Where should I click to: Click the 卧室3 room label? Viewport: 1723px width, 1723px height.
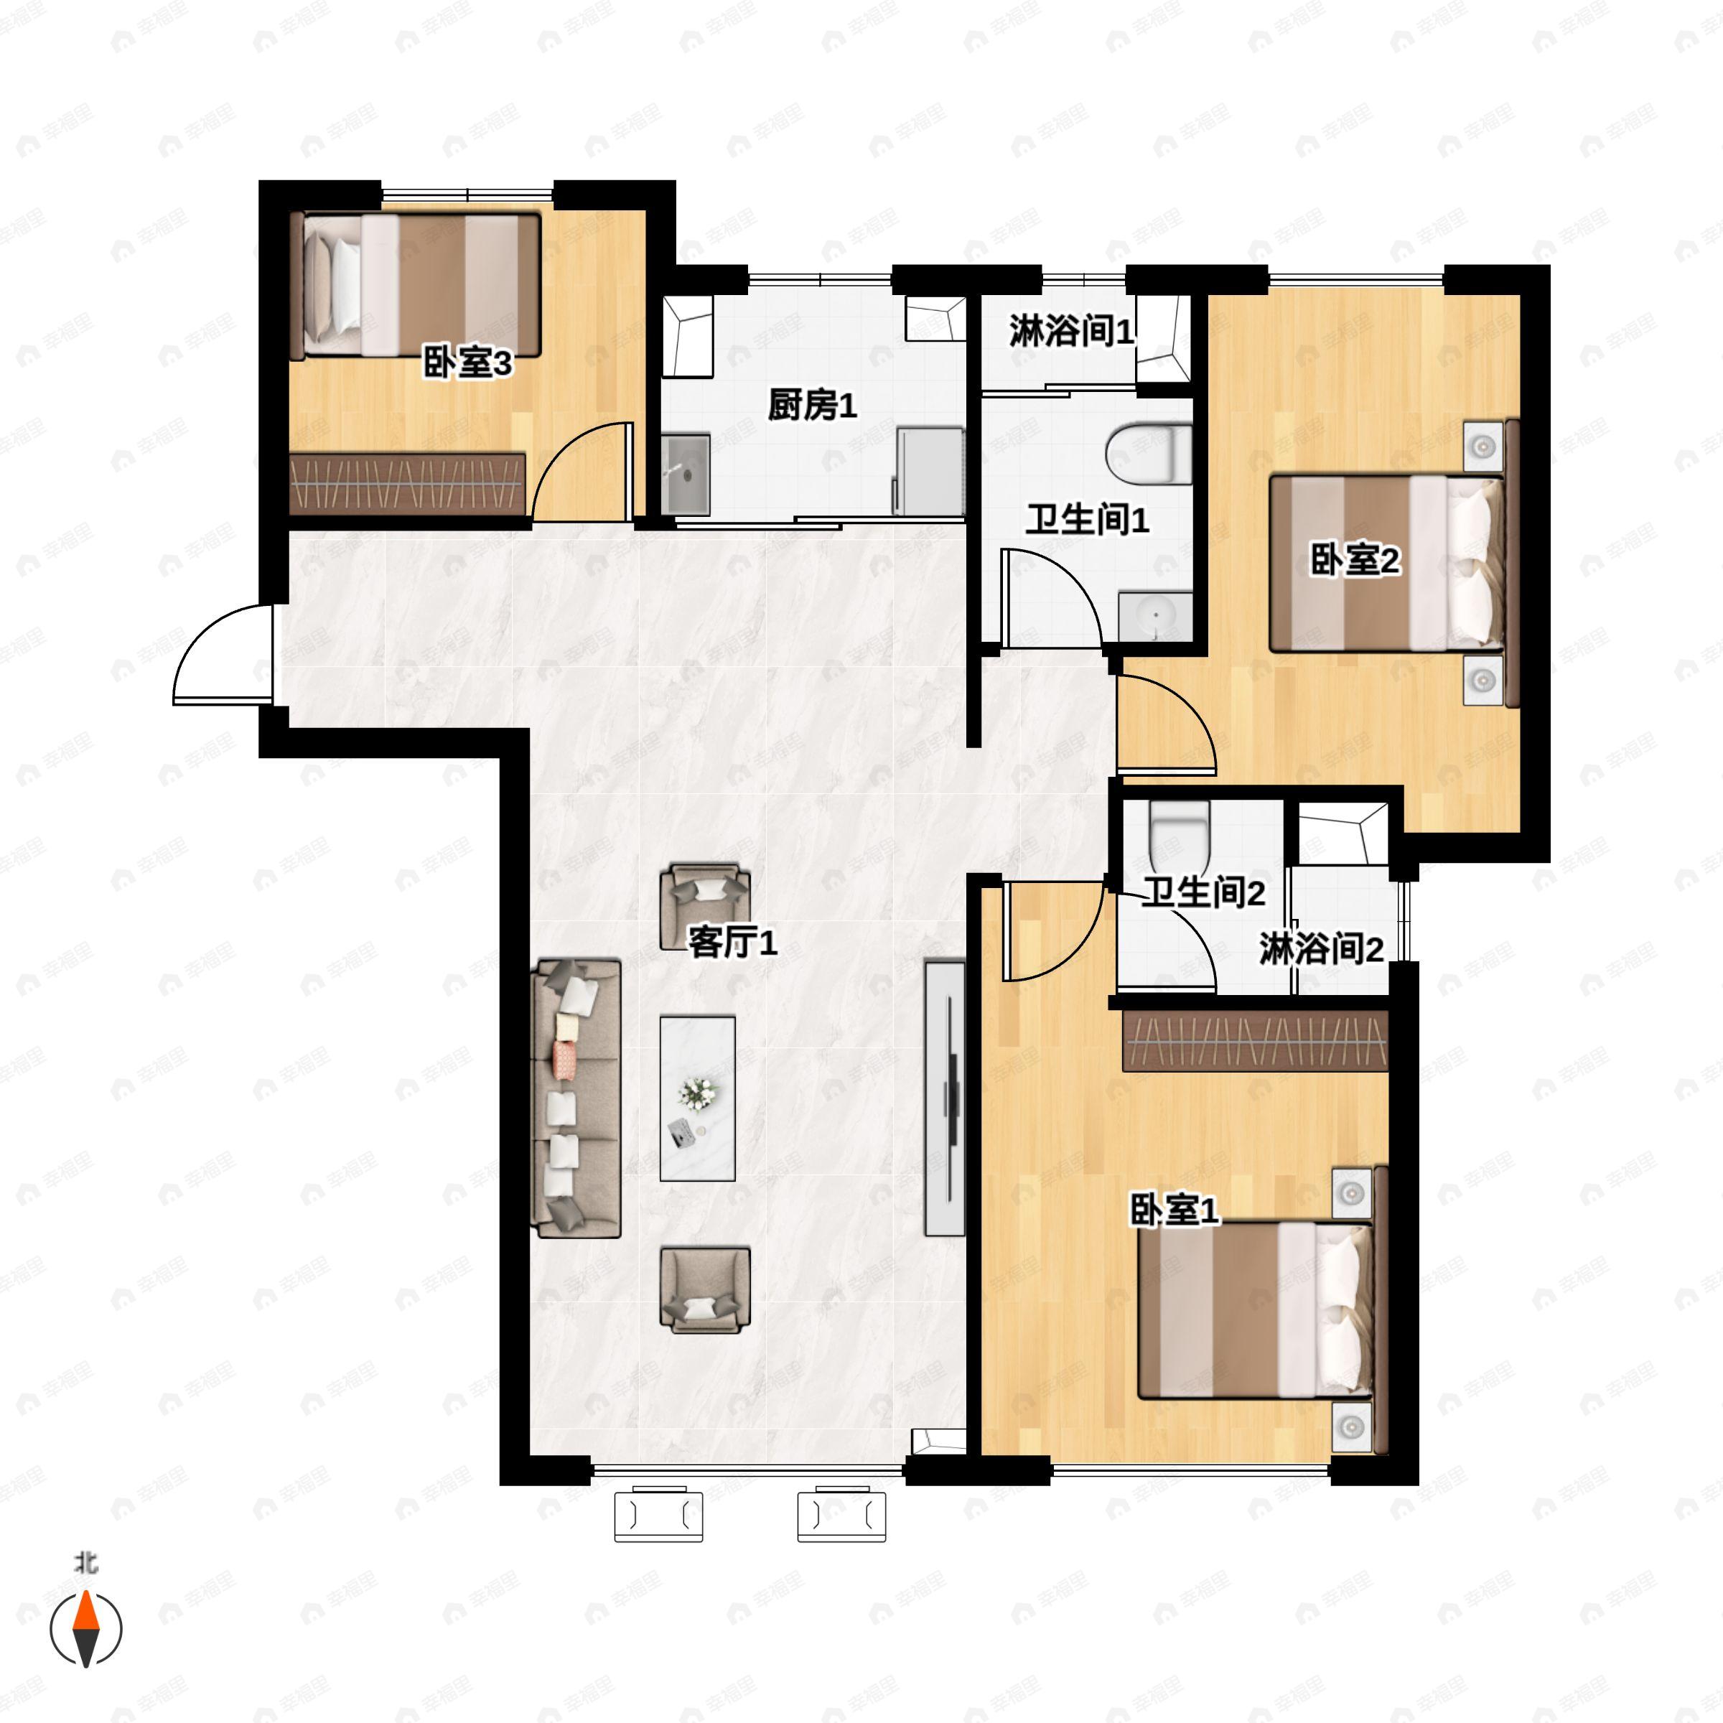coord(467,364)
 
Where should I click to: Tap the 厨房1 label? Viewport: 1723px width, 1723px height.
coord(813,406)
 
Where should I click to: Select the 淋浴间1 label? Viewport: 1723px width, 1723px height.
coord(1071,332)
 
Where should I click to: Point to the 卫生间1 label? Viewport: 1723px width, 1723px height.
coord(1087,520)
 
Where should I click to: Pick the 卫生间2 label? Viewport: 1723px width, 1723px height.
coord(1203,892)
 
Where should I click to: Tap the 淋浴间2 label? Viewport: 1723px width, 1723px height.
coord(1321,949)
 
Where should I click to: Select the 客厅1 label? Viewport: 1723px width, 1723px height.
coord(732,942)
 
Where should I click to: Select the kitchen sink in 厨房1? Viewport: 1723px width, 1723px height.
coord(686,475)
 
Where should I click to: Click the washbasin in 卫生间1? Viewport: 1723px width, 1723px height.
coord(1156,615)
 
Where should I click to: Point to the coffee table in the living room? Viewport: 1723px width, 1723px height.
coord(697,1098)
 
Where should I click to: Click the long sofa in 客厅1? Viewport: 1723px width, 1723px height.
coord(576,1098)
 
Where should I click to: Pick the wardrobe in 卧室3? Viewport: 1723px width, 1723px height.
coord(408,482)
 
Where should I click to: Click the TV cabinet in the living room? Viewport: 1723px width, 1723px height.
coord(945,1097)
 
